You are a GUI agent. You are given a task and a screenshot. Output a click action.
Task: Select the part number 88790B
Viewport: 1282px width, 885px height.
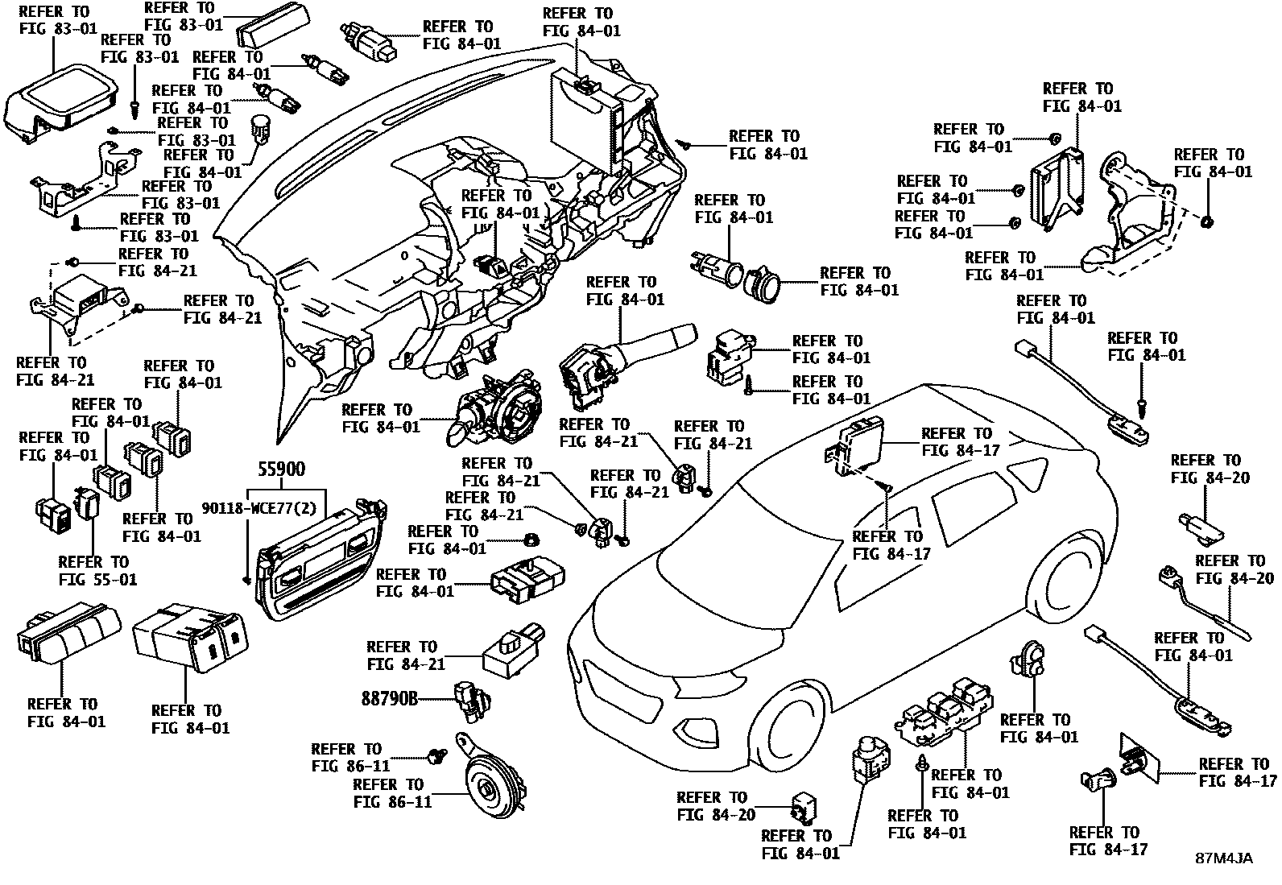point(390,699)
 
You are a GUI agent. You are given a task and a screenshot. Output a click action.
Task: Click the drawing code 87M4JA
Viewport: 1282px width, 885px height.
point(1223,858)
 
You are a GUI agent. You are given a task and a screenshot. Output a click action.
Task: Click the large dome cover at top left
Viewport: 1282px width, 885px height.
point(60,101)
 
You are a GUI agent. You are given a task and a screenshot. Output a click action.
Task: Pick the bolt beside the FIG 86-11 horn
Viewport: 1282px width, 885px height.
point(438,755)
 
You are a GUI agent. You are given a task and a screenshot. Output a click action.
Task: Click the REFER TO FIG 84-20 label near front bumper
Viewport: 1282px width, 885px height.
point(716,806)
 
